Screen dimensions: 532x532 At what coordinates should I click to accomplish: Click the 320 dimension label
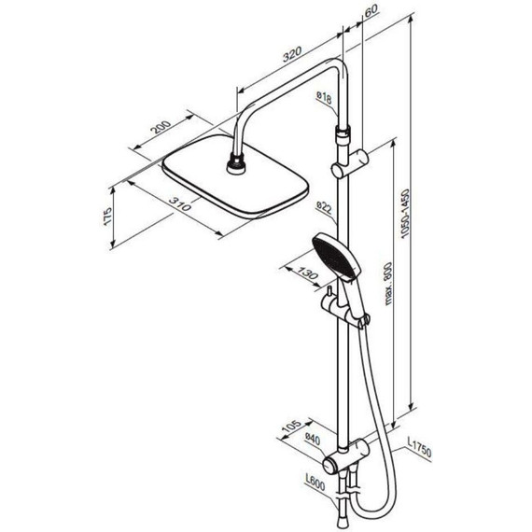click(292, 54)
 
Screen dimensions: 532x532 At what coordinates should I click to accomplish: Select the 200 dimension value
click(161, 127)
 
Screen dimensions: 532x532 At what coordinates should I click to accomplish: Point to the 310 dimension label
click(180, 203)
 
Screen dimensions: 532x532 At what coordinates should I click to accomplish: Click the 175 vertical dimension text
click(107, 216)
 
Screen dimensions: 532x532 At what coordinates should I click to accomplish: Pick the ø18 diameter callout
click(324, 97)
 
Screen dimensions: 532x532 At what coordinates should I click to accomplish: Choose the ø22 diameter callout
click(324, 207)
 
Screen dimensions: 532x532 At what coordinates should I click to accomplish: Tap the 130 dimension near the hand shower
click(308, 273)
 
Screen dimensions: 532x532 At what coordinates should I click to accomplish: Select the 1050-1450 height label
click(405, 214)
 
